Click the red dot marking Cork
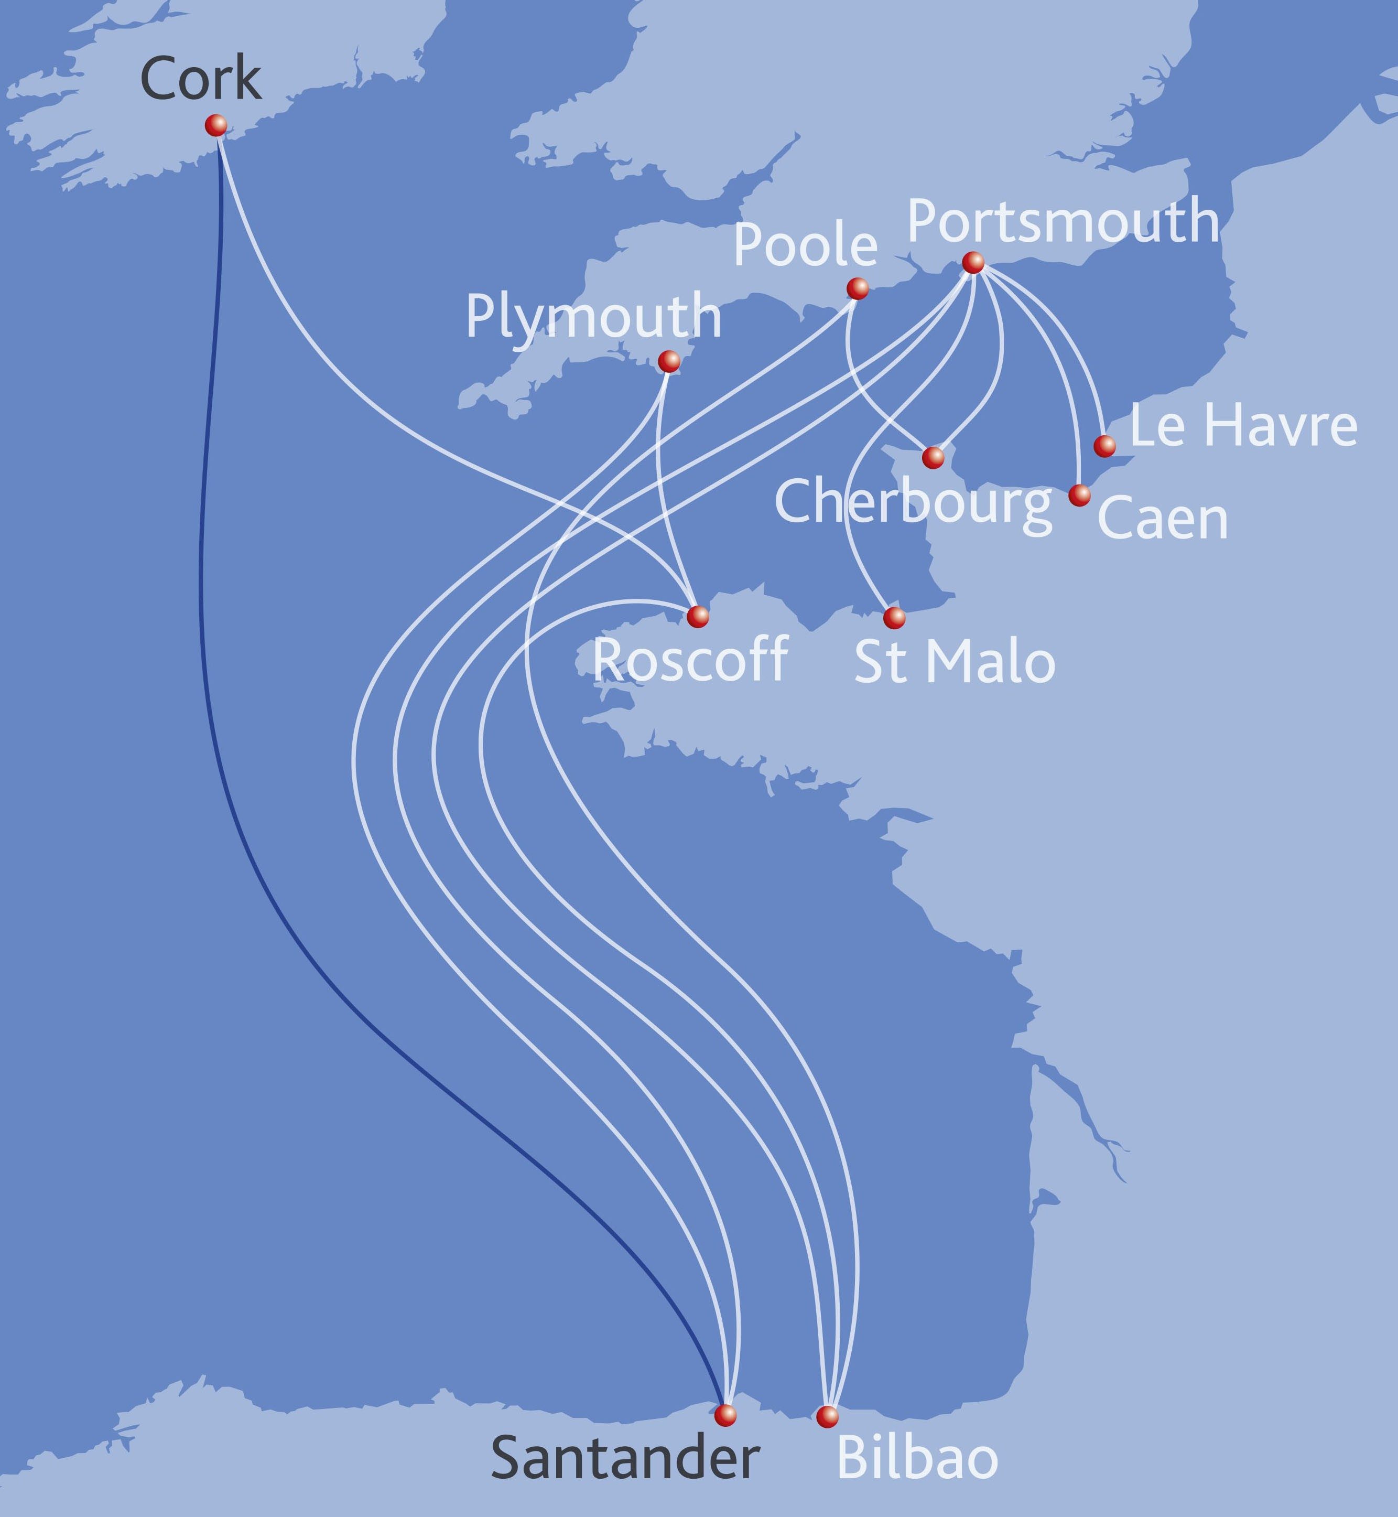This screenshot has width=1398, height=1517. tap(215, 125)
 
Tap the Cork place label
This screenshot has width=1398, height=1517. tap(200, 80)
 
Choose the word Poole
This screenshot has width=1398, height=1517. tap(805, 246)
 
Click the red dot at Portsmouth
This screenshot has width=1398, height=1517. tap(973, 263)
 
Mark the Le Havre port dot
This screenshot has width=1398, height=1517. tap(1104, 446)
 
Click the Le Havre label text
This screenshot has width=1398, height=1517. tap(1243, 426)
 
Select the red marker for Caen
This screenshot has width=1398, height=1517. tap(1079, 495)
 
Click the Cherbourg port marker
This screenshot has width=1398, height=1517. tap(934, 457)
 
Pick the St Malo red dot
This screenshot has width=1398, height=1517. tap(894, 617)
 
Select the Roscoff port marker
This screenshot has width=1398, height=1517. tap(698, 616)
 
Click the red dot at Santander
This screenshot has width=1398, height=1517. tap(725, 1414)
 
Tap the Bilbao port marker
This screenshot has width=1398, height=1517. tap(827, 1416)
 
